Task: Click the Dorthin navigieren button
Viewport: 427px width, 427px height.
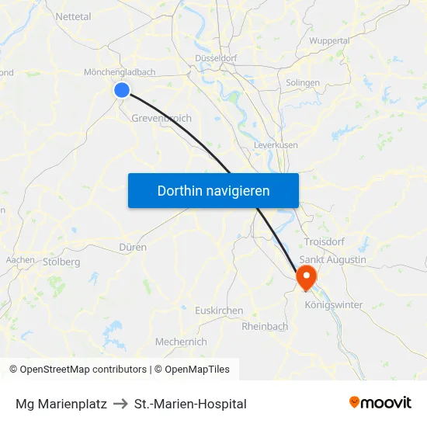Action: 213,190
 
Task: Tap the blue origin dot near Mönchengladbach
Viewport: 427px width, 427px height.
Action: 122,90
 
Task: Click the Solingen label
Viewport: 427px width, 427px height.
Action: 303,82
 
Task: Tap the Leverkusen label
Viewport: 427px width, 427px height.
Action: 276,145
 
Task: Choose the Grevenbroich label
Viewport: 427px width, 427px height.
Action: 161,118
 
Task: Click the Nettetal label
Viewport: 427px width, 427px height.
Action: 74,16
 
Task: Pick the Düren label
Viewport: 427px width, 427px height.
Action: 133,247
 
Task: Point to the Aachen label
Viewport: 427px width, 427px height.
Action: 19,260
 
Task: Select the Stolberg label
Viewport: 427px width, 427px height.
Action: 62,262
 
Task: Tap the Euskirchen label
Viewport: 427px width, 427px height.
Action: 219,310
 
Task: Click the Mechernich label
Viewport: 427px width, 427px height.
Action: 181,342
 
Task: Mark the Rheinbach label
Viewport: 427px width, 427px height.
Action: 265,326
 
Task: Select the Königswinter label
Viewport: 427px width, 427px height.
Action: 334,305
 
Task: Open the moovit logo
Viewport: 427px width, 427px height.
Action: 380,403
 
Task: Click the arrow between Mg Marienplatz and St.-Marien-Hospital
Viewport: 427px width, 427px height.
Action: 120,404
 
